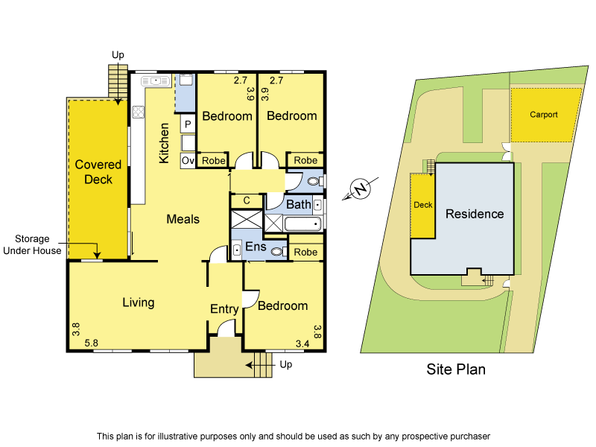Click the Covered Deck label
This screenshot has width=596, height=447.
point(94,172)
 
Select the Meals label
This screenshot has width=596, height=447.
point(183,219)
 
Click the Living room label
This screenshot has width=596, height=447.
point(139,302)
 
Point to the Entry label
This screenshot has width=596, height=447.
point(224,309)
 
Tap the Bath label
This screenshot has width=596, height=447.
point(299,204)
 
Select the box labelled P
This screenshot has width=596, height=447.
point(188,124)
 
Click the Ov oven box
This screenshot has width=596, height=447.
point(188,160)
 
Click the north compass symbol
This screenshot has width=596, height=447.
point(361,189)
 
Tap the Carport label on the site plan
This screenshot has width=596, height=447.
point(544,115)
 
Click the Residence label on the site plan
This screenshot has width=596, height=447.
point(475,214)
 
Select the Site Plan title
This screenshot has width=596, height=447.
point(456,369)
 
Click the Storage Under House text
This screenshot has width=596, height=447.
point(32,244)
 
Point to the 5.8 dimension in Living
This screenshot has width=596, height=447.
point(92,343)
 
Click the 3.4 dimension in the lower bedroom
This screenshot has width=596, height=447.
point(302,343)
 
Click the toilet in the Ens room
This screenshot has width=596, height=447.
point(278,252)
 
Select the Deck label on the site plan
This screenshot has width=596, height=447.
point(422,205)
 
